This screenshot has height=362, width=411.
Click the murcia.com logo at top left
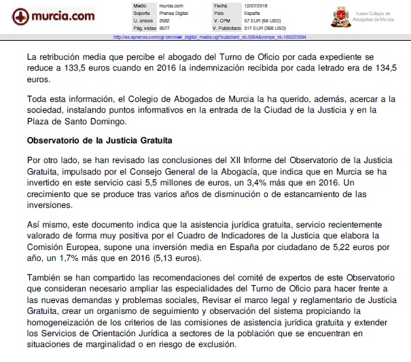[48, 16]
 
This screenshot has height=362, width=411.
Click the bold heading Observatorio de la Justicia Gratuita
[99, 141]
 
